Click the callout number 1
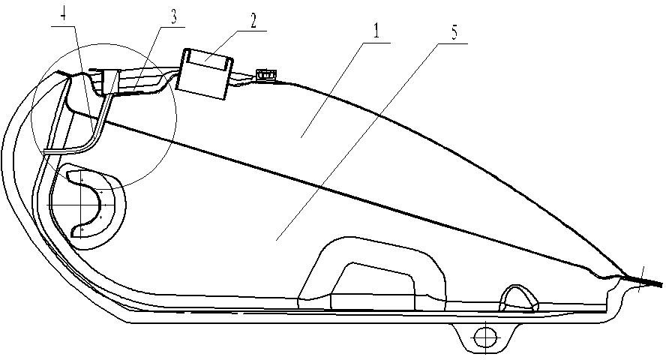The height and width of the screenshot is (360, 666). coord(376,33)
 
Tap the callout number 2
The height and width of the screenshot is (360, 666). coord(253,22)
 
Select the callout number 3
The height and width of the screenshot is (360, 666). coord(174,18)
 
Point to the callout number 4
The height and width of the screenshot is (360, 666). coord(63,16)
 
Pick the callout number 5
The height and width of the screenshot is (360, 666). coord(454,34)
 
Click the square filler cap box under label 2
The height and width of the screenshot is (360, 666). coord(205,73)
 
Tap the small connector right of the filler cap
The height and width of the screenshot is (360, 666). coord(267,76)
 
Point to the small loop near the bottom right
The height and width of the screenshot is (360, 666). coord(519,297)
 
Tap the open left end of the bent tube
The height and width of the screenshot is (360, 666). coord(44,151)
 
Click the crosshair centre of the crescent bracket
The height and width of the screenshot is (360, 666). coord(82,205)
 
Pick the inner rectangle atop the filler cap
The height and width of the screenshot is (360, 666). coord(206,59)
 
